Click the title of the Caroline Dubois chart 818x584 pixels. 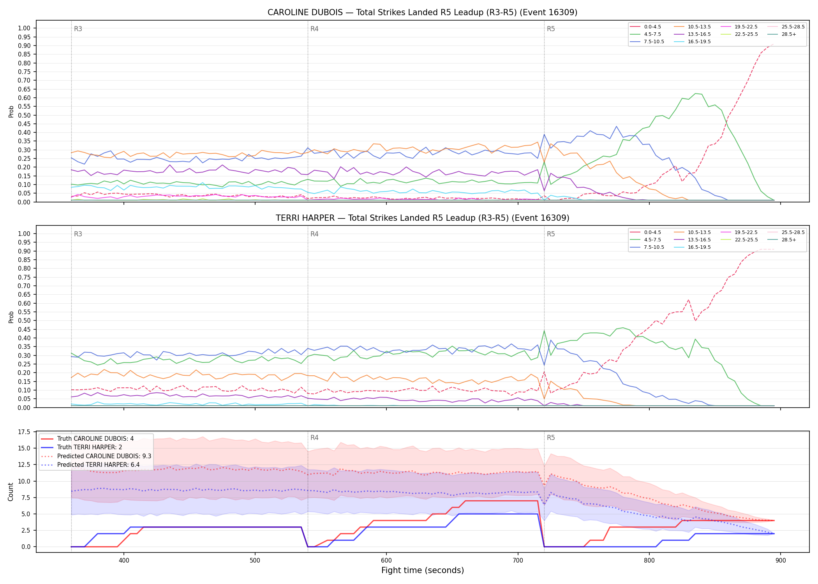422,12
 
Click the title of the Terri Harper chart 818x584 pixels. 422,218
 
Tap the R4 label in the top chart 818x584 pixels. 314,29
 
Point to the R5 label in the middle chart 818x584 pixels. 551,234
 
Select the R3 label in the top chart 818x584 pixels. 78,29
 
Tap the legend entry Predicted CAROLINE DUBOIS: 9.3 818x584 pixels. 96,456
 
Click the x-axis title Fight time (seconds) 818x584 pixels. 423,570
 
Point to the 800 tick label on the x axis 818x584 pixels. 649,560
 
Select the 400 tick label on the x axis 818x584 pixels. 124,560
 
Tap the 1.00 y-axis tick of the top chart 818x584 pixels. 24,28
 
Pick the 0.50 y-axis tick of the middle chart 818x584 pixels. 24,321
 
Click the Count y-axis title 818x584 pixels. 11,492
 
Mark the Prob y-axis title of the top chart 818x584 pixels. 11,112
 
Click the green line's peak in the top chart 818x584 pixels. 695,93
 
